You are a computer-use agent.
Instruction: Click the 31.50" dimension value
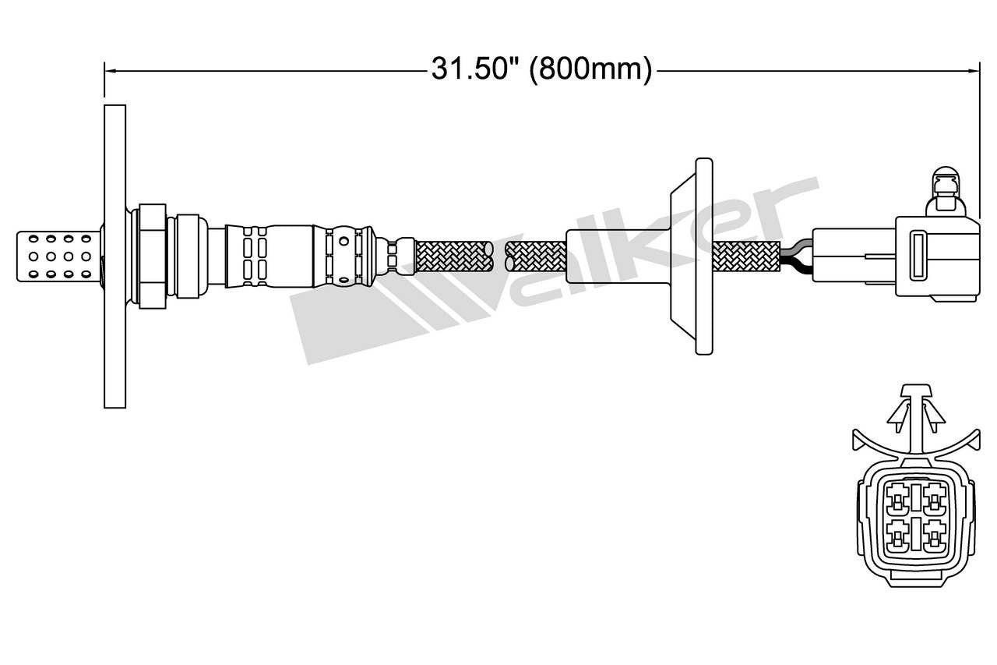[x=476, y=70]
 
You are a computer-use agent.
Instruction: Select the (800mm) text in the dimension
[x=590, y=70]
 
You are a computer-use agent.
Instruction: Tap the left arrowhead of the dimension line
[x=111, y=71]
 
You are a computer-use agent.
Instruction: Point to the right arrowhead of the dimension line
[x=973, y=71]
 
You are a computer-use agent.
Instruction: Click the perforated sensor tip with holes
[x=58, y=255]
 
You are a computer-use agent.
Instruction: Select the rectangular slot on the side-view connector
[x=918, y=254]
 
